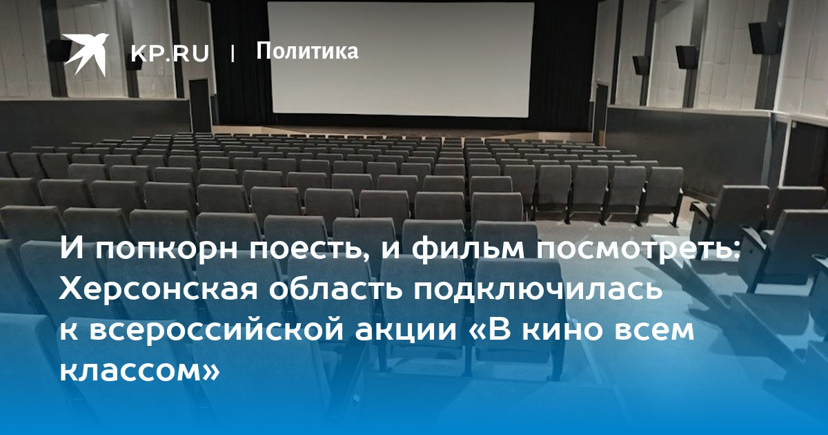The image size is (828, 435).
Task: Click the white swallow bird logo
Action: (x=86, y=54)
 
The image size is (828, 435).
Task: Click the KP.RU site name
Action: (x=170, y=54)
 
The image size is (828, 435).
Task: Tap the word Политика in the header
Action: (x=307, y=51)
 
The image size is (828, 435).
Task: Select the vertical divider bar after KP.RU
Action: (x=232, y=54)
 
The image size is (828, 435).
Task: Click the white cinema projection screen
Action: (x=402, y=60)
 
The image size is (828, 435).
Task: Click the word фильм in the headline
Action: (x=469, y=250)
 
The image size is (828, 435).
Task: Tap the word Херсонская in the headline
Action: (x=158, y=290)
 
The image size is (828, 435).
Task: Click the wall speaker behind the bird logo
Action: (x=59, y=50)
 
